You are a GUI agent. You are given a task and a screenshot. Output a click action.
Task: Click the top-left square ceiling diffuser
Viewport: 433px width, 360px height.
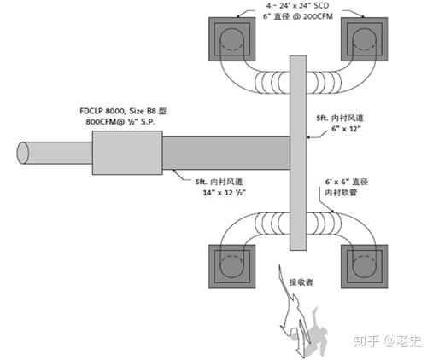(x=231, y=38)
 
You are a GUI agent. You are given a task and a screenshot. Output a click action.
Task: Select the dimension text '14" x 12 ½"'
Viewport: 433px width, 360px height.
(x=219, y=194)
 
